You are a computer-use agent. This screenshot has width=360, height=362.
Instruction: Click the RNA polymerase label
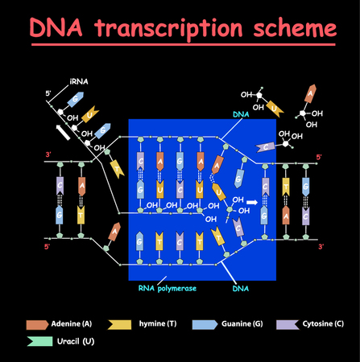[166, 286]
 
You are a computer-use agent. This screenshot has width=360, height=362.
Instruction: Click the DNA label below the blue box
[241, 286]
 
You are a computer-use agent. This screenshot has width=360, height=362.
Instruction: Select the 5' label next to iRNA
[48, 93]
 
